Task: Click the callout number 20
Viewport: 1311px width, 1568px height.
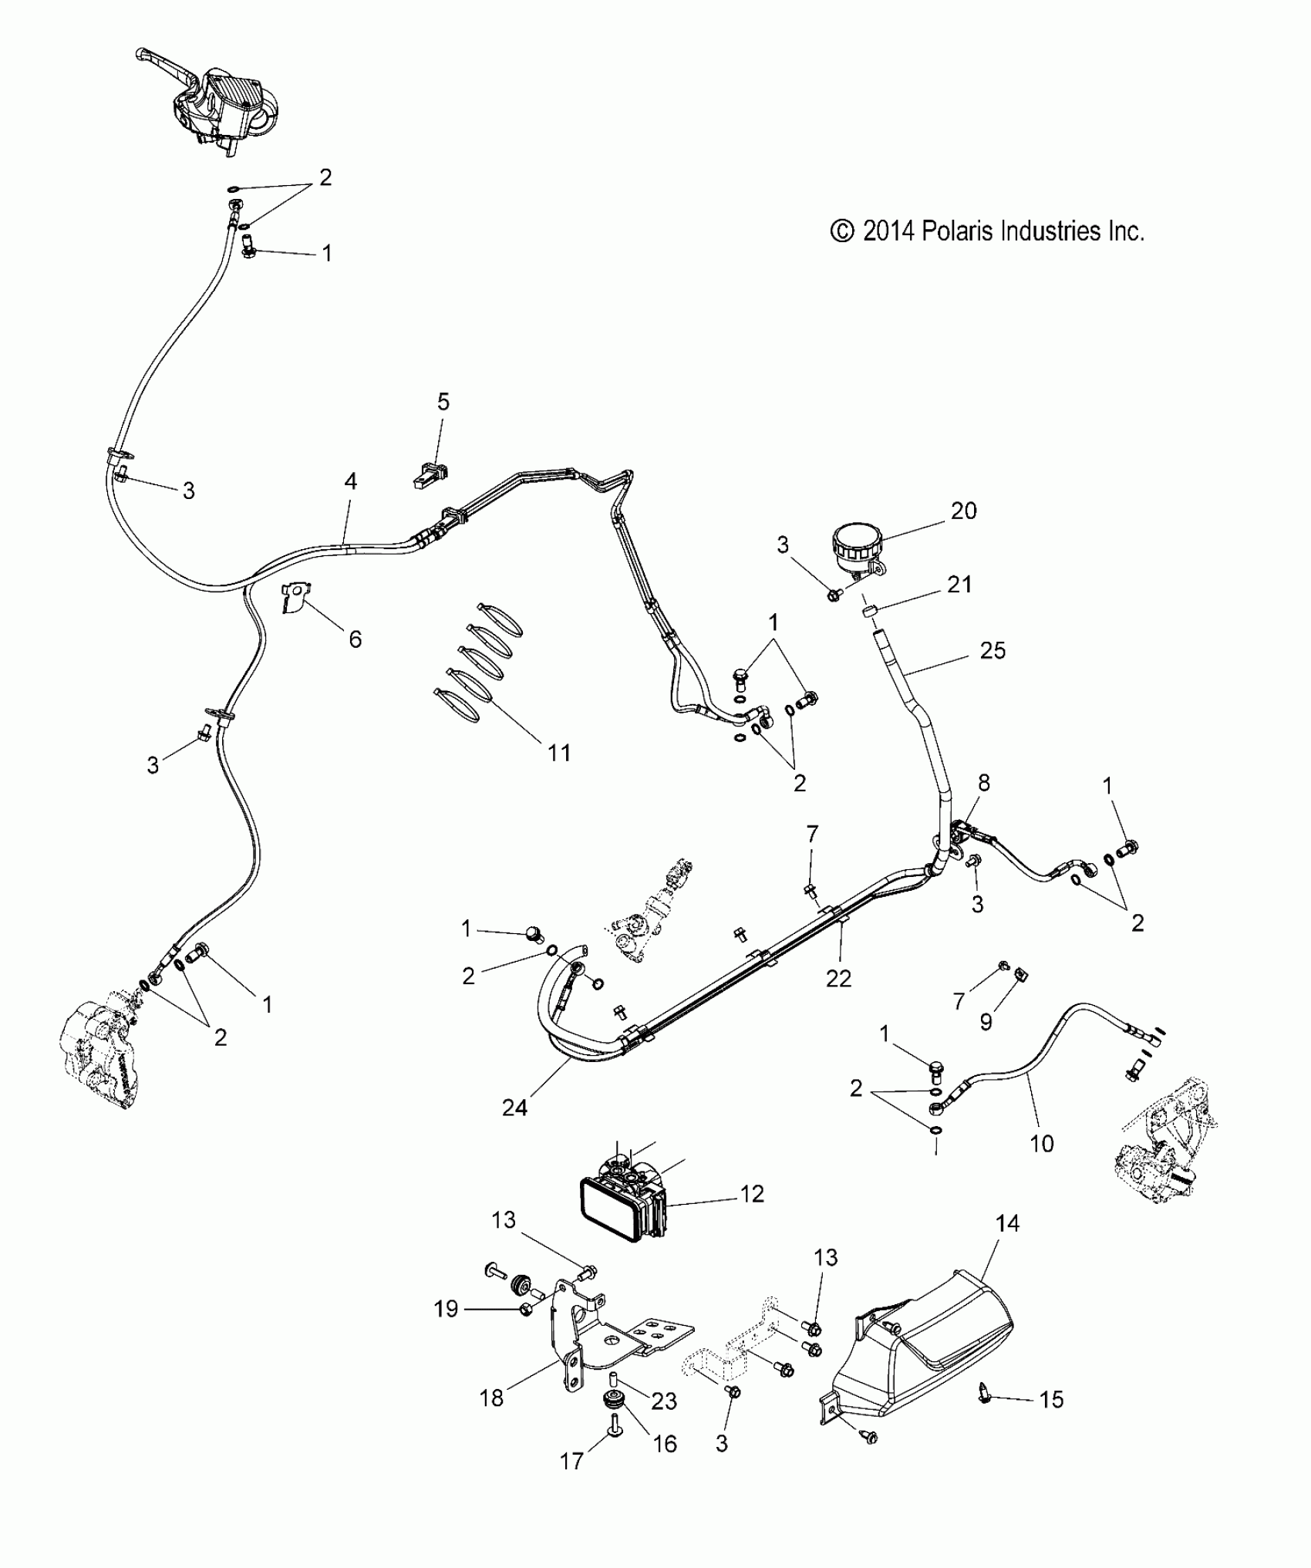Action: [x=963, y=511]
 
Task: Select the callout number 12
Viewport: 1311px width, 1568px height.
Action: [x=752, y=1194]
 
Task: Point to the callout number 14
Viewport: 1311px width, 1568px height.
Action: [x=1007, y=1223]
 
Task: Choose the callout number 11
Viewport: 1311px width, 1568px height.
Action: [x=559, y=752]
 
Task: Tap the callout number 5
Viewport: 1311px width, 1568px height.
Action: [x=443, y=402]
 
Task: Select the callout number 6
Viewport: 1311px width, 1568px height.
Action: [x=355, y=639]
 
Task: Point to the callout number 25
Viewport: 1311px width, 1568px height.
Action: [x=993, y=650]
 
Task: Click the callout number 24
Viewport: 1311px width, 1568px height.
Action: [x=514, y=1108]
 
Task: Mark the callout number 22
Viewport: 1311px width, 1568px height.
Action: [x=838, y=978]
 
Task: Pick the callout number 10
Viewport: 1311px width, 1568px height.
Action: [x=1041, y=1143]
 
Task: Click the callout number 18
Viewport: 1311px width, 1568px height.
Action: [x=492, y=1398]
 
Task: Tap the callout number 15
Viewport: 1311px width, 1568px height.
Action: [x=1052, y=1399]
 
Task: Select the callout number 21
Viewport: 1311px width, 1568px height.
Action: [x=959, y=585]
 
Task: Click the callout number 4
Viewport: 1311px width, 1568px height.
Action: [x=351, y=482]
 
